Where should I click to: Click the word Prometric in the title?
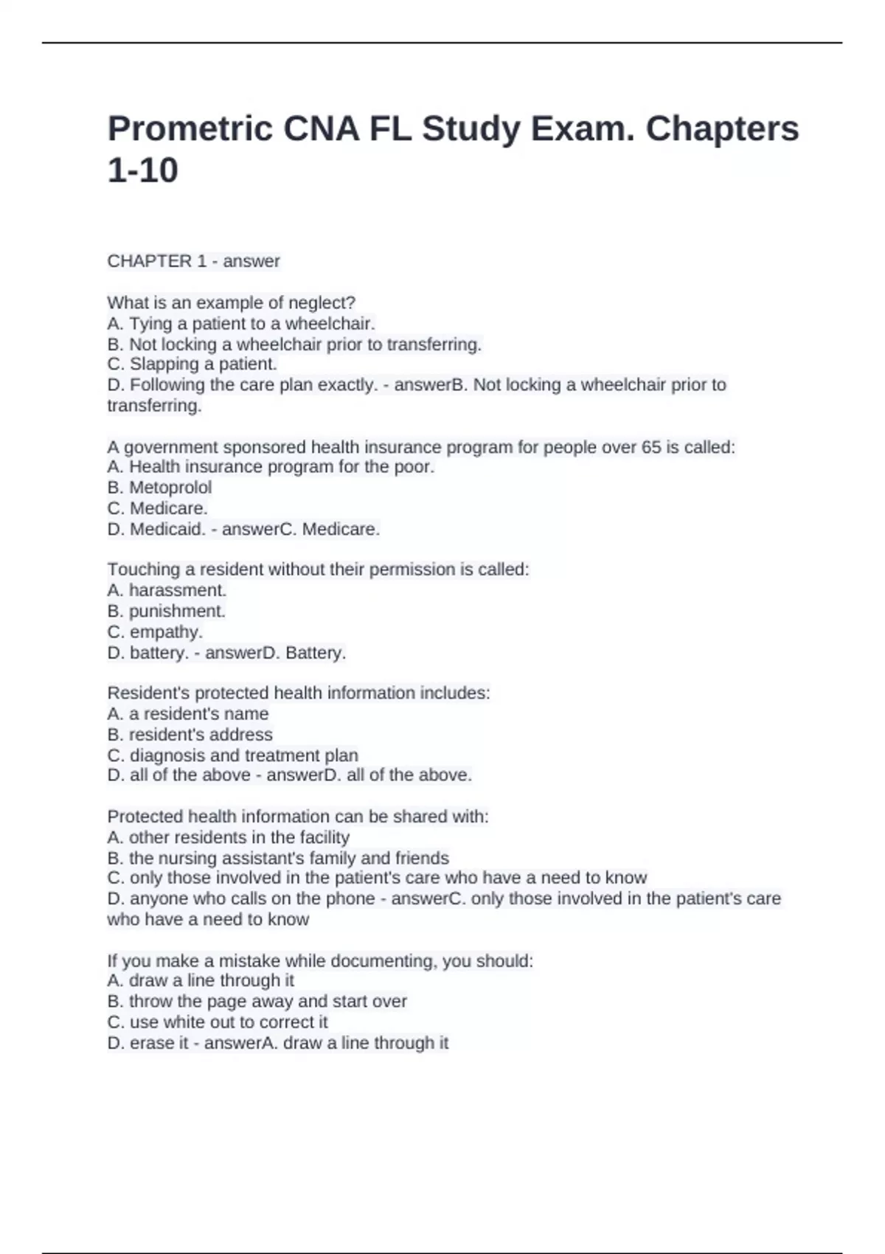click(190, 129)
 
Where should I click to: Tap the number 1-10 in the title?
click(142, 170)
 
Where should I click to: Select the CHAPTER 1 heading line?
click(193, 261)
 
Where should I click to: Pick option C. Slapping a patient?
click(192, 364)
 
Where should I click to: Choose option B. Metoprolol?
click(159, 488)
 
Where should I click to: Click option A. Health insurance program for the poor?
click(271, 467)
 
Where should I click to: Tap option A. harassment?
click(167, 590)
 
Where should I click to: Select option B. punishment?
click(166, 611)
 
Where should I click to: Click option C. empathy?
click(155, 631)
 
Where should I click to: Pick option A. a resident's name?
click(187, 713)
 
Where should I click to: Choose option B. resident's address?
click(190, 734)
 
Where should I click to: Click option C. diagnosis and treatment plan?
click(232, 755)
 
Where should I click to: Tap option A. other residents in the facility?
click(228, 837)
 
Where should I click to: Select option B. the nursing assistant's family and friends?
click(277, 858)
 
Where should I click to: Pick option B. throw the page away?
click(257, 1001)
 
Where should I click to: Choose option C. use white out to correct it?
click(218, 1022)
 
